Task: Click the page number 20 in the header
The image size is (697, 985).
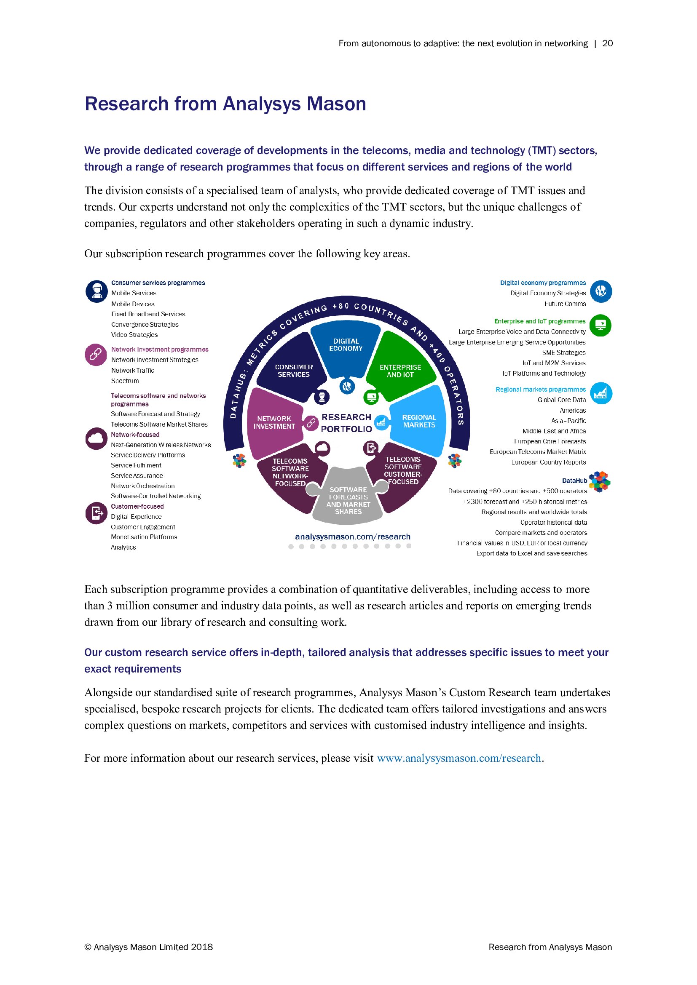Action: click(607, 43)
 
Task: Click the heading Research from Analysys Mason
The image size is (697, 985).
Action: click(225, 104)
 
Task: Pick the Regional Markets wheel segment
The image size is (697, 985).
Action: click(419, 421)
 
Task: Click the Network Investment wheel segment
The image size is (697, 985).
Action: click(274, 422)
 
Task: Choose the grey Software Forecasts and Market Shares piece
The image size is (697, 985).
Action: click(348, 500)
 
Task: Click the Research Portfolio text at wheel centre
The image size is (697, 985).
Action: click(346, 423)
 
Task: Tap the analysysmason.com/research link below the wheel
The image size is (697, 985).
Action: click(352, 537)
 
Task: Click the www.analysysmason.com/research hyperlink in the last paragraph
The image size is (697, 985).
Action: click(459, 758)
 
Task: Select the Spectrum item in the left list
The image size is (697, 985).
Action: click(125, 381)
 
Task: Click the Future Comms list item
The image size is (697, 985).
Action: click(565, 304)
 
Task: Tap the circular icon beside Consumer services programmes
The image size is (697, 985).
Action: click(97, 292)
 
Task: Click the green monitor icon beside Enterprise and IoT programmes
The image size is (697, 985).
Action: click(600, 325)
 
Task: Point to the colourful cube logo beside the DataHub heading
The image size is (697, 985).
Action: click(600, 481)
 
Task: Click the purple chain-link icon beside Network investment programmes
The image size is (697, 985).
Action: click(96, 354)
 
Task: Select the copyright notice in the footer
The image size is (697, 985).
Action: click(148, 947)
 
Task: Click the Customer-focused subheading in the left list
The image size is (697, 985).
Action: click(137, 506)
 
